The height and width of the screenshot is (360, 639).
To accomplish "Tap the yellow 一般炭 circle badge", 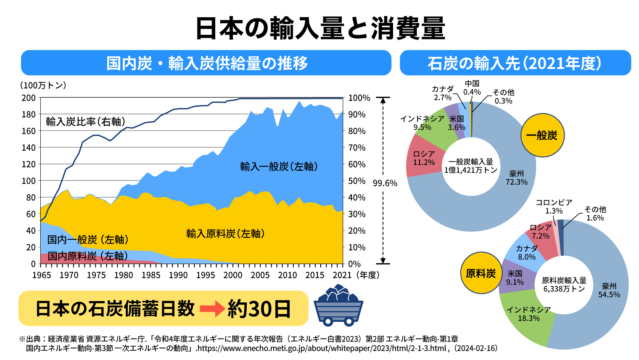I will tap(542, 135).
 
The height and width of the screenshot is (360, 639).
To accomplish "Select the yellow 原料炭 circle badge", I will tap(481, 273).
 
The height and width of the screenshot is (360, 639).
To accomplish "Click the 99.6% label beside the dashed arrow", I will tap(385, 183).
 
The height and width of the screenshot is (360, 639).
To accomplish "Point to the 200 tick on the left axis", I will tap(29, 98).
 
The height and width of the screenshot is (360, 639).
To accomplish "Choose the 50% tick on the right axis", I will tap(357, 181).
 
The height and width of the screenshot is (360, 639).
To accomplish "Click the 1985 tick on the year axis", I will tap(151, 275).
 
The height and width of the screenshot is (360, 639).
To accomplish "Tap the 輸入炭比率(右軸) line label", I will tap(86, 122).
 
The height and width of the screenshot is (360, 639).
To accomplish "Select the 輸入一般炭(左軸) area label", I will tap(279, 167).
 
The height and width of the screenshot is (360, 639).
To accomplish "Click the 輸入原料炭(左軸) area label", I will tap(225, 233).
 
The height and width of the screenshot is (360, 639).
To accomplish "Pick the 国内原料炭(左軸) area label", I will tap(87, 256).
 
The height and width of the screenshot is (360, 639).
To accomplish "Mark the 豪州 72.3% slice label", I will tap(516, 178).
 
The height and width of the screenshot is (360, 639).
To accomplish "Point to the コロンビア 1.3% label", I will tap(554, 206).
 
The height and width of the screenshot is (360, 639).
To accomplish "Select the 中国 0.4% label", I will tap(472, 88).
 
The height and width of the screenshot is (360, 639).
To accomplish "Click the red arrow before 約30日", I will tap(212, 309).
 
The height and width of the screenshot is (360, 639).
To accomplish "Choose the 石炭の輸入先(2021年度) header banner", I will tap(515, 63).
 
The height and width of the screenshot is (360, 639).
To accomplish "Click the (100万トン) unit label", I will tap(43, 85).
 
